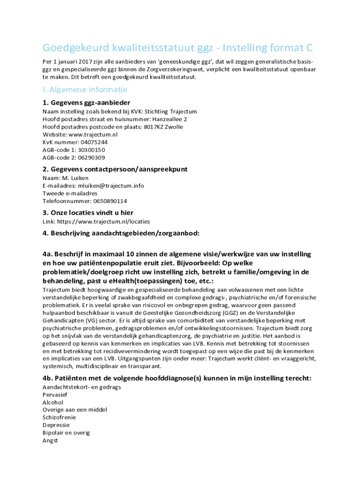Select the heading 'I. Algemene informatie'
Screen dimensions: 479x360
pos(85,89)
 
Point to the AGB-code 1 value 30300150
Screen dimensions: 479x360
pos(91,150)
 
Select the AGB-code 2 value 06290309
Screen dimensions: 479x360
pos(91,158)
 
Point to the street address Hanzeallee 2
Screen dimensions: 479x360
pos(170,119)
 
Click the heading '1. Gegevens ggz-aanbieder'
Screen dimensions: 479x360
pos(86,103)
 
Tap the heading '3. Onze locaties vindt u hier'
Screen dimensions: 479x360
pos(88,213)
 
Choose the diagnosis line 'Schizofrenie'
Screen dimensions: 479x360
pos(59,417)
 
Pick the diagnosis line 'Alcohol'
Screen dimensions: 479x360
pos(53,402)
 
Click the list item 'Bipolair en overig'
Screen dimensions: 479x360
pos(66,433)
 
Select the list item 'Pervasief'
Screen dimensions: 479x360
pos(56,395)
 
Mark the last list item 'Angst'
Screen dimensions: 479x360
pos(50,440)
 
